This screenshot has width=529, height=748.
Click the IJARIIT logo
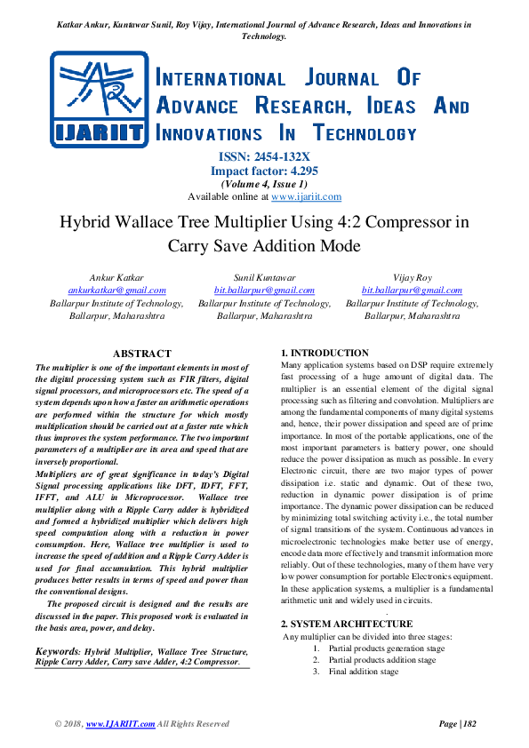(x=99, y=99)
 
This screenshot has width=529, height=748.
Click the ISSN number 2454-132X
(x=264, y=157)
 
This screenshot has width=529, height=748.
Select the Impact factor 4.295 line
(x=264, y=171)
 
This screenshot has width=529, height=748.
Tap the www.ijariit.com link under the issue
(x=306, y=196)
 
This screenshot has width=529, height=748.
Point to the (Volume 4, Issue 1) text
(x=264, y=184)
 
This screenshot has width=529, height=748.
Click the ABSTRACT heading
(x=142, y=354)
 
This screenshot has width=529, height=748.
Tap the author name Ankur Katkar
(x=116, y=278)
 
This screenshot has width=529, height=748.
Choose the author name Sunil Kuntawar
(x=264, y=278)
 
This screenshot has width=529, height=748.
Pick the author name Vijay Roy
(x=412, y=278)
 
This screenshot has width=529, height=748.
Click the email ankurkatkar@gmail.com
(x=116, y=290)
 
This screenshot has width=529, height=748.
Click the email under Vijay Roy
(x=412, y=290)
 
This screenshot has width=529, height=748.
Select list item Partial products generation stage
(x=387, y=649)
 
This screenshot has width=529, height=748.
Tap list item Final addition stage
(x=364, y=672)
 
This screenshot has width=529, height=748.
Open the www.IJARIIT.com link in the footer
(x=121, y=724)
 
